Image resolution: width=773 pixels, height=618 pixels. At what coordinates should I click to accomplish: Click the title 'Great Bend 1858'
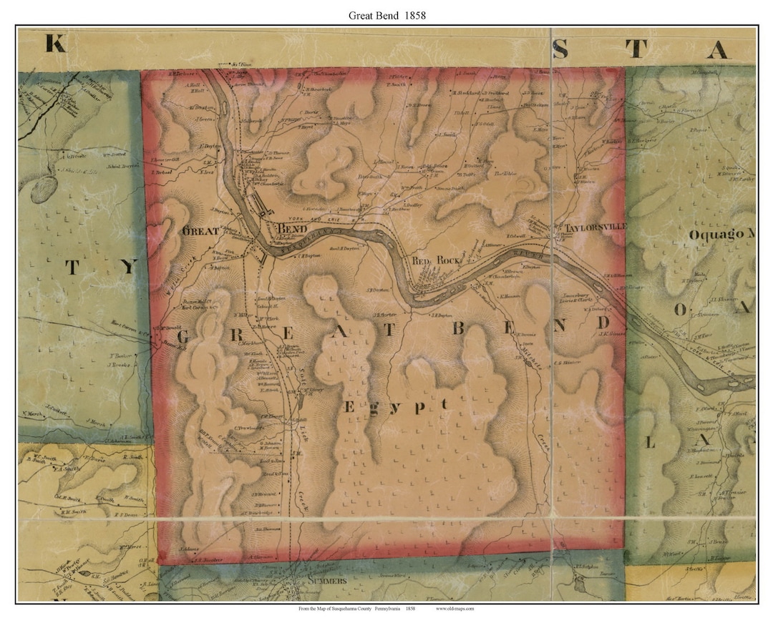386,14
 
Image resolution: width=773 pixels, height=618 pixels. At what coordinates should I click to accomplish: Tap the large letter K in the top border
56,44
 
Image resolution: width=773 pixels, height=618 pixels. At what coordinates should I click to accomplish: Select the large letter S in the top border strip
560,49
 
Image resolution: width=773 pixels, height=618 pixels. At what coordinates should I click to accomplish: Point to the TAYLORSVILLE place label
595,227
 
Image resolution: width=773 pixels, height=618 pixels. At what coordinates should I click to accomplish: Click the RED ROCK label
435,261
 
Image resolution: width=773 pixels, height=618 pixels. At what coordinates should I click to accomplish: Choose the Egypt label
396,406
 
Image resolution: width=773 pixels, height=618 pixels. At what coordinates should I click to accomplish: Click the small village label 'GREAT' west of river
201,231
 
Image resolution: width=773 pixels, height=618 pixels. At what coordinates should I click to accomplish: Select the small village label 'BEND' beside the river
292,227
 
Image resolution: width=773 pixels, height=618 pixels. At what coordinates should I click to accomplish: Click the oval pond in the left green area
44,189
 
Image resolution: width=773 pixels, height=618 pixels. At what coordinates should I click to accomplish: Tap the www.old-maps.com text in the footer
454,609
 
